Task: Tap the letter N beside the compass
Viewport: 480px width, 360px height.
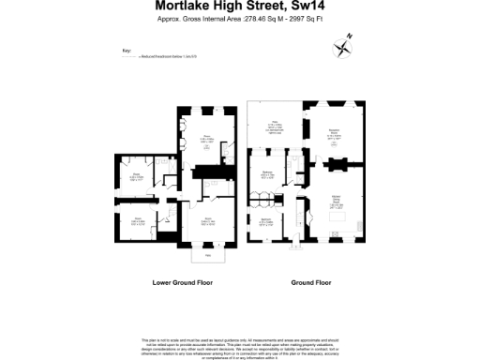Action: click(351, 35)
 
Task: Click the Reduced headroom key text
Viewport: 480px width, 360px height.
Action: click(168, 57)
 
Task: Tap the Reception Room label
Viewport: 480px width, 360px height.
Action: click(333, 134)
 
